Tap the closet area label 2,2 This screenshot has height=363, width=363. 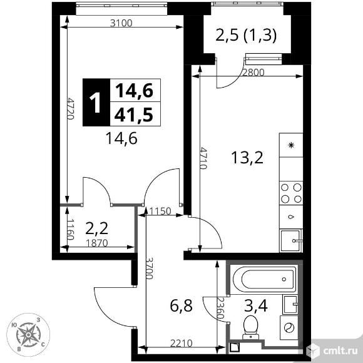pyautogui.click(x=96, y=227)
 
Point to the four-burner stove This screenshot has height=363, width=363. pyautogui.click(x=290, y=193)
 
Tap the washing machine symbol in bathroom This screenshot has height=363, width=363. pyautogui.click(x=290, y=328)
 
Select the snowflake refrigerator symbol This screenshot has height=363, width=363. pyautogui.click(x=290, y=146)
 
